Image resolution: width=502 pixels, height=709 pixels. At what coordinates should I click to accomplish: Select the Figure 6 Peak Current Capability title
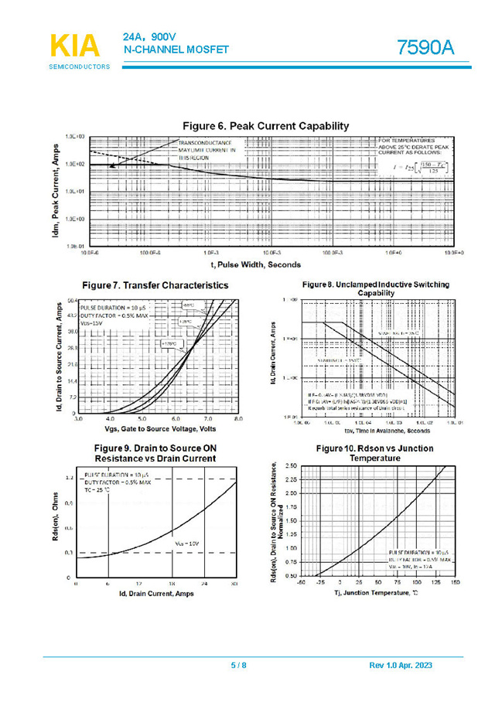click(x=265, y=126)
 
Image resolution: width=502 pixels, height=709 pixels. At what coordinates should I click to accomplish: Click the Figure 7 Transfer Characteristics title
click(x=155, y=285)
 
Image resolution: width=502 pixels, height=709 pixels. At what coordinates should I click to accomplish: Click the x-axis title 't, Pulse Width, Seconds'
click(x=257, y=264)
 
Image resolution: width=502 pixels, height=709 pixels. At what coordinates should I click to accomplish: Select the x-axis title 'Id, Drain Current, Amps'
click(x=156, y=593)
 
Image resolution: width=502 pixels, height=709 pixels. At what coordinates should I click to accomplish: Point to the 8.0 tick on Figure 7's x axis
click(x=237, y=419)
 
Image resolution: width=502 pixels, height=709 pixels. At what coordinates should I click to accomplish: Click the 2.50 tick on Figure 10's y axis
click(x=291, y=466)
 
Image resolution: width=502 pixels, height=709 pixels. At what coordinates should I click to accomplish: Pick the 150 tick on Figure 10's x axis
click(x=455, y=582)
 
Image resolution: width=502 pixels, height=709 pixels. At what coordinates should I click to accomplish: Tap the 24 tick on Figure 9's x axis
click(x=204, y=583)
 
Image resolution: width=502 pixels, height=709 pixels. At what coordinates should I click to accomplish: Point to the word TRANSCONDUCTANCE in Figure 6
click(x=205, y=143)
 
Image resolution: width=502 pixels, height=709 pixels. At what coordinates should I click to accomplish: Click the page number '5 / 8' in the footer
click(x=239, y=666)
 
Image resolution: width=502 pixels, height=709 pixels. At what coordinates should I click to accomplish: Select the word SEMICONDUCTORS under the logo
click(x=80, y=66)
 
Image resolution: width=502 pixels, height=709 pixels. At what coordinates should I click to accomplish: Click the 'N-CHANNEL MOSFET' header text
click(x=176, y=50)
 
